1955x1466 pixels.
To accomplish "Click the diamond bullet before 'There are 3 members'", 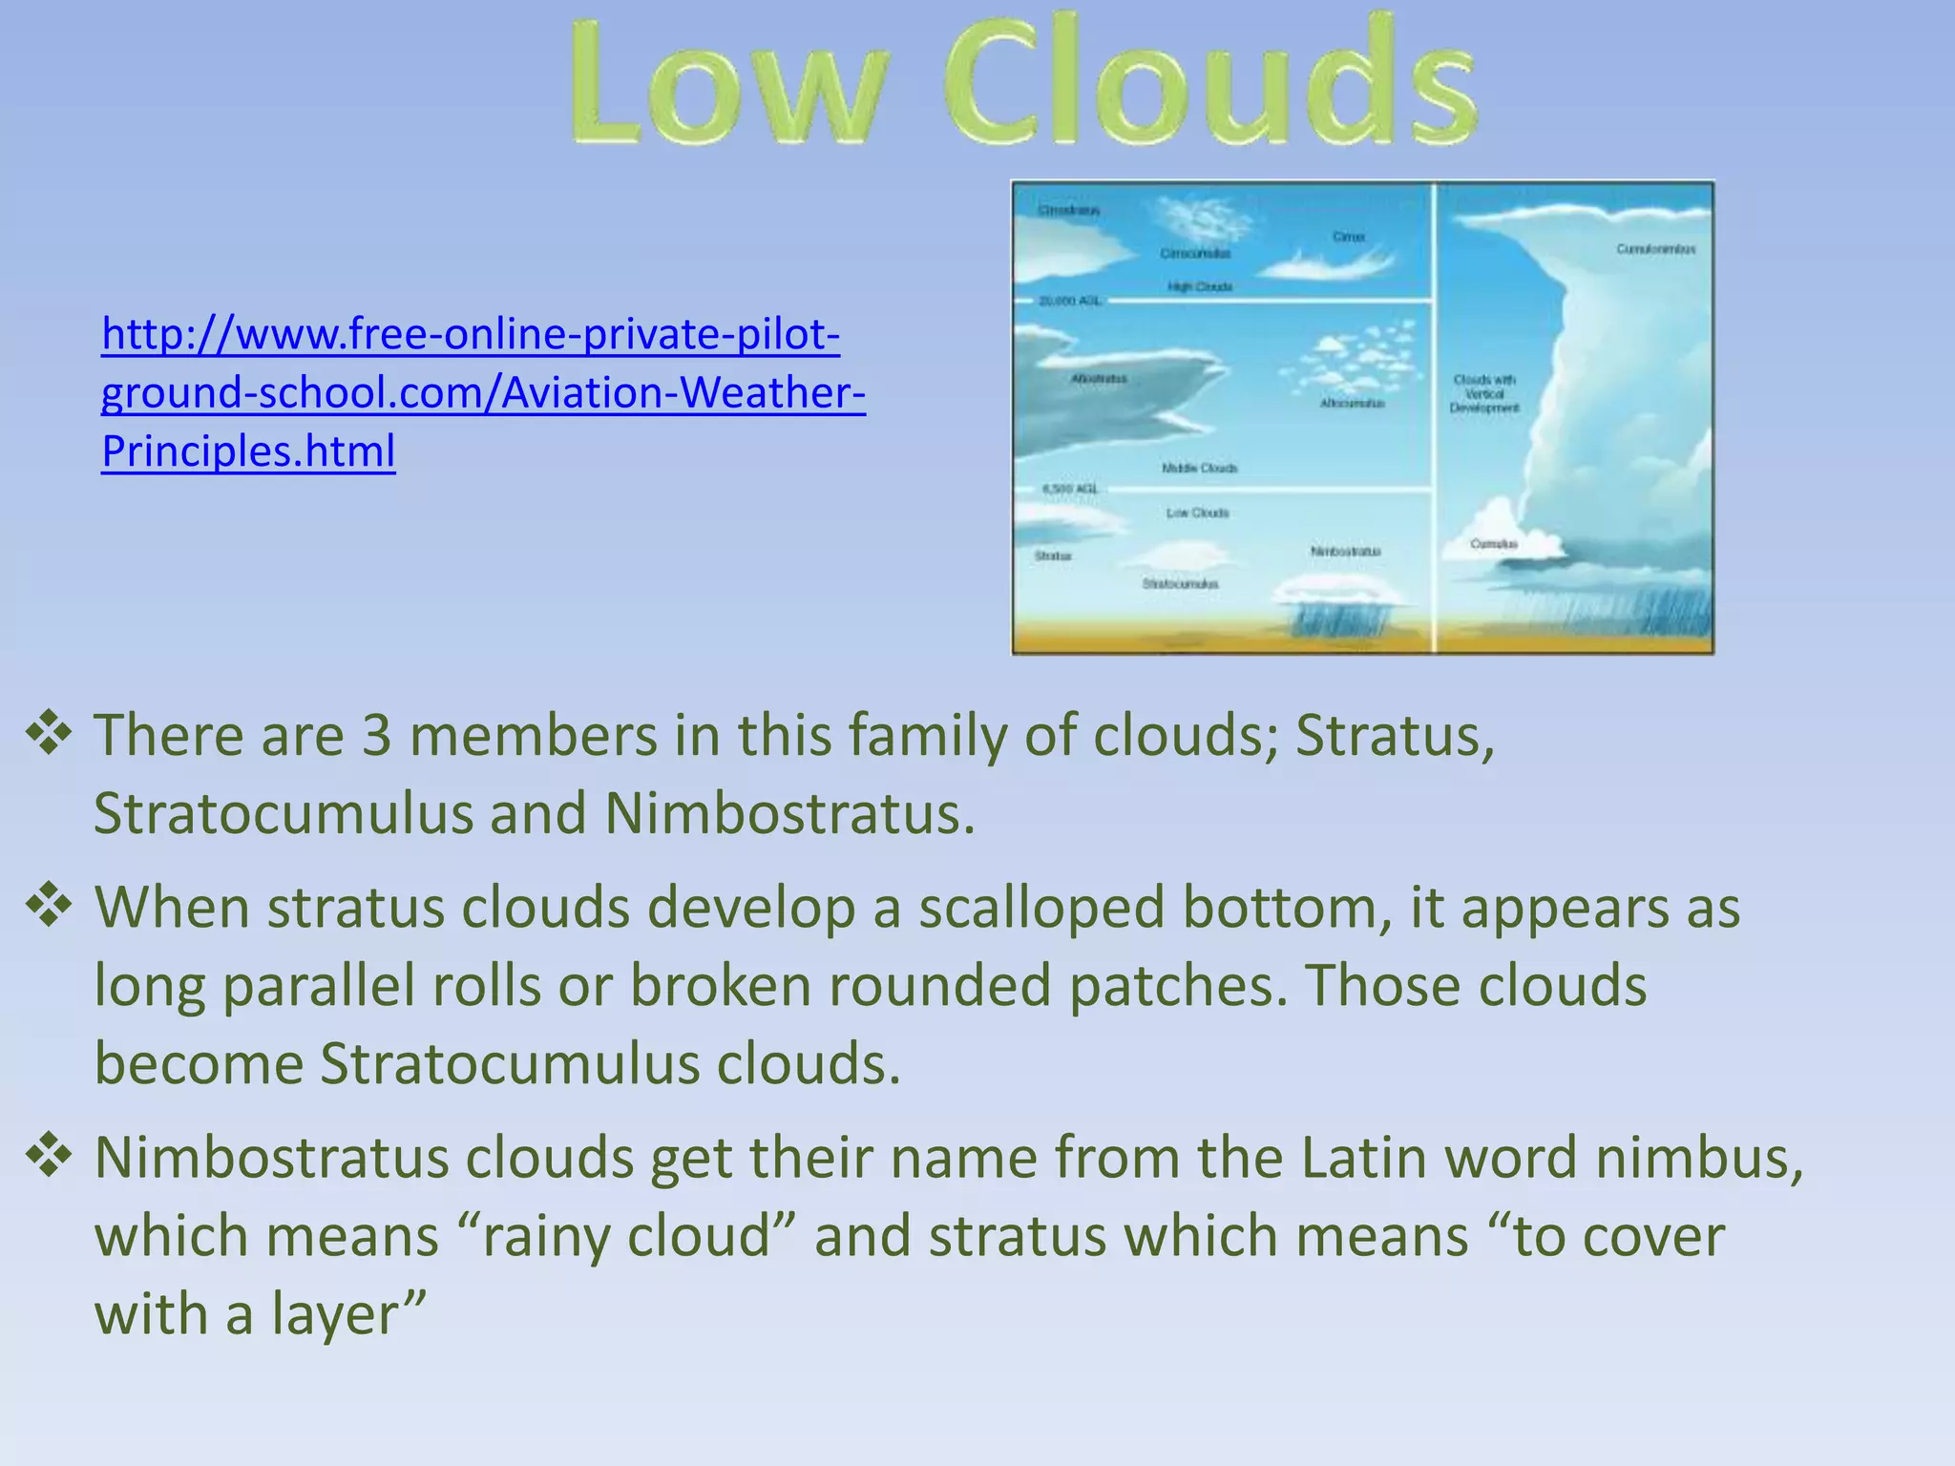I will pos(50,734).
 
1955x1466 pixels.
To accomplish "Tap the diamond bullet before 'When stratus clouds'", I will pos(50,906).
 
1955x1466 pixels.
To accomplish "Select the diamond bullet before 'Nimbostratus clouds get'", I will pos(50,1156).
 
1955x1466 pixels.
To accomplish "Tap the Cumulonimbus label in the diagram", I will pos(1655,249).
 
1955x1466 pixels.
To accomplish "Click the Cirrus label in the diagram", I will pos(1349,237).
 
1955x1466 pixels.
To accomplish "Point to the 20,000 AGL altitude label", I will pos(1069,301).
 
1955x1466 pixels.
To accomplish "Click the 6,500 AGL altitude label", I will pos(1069,489).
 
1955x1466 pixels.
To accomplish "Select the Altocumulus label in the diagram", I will pos(1352,404).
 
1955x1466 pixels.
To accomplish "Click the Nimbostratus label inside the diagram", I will pos(1345,552).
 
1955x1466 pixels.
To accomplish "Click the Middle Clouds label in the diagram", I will pos(1199,469).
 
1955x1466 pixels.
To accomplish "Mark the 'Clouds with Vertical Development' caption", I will pos(1484,393).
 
